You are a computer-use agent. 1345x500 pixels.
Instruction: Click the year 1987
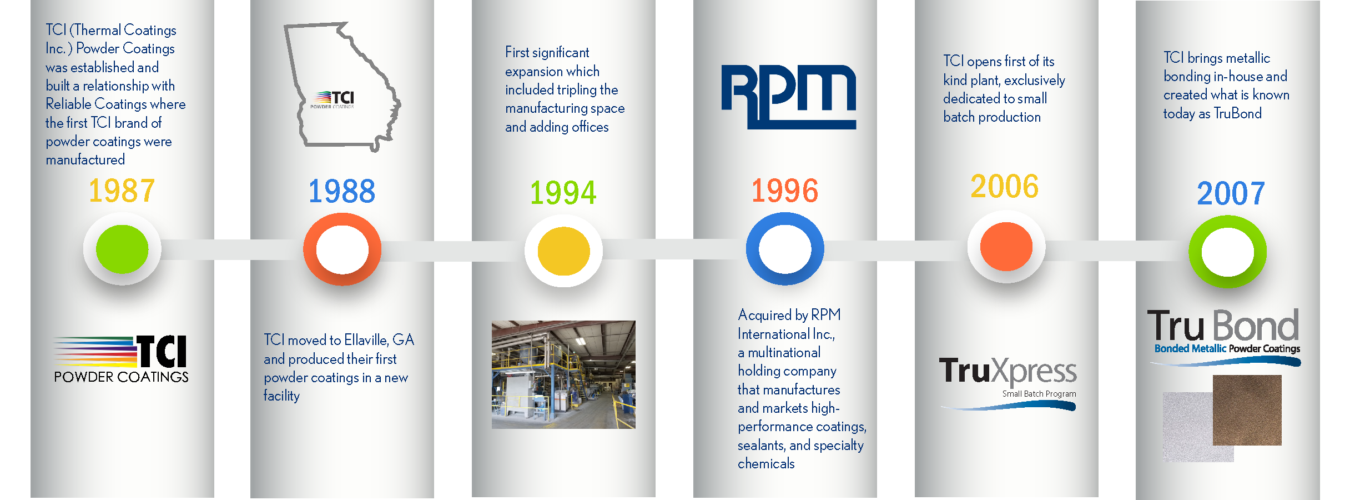tap(122, 191)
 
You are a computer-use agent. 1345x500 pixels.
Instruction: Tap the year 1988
tap(342, 191)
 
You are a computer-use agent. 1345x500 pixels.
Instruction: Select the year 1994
tap(563, 193)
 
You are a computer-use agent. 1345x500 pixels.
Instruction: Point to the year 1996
tap(785, 191)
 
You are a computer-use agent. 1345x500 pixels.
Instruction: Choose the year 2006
tap(1005, 186)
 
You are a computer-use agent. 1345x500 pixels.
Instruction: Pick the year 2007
tap(1231, 193)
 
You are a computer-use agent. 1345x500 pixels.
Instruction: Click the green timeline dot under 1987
tap(122, 249)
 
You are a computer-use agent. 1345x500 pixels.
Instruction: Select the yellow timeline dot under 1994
tap(563, 251)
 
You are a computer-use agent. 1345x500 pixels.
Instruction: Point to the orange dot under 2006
tap(1006, 247)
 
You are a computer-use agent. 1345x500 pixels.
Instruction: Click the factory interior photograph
tap(563, 374)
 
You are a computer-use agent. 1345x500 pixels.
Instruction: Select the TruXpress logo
tap(1008, 382)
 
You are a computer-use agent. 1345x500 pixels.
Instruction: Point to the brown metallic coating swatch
tap(1247, 410)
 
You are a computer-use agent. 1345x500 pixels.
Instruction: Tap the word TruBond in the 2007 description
tap(1238, 114)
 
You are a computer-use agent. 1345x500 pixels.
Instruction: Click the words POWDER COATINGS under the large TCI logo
tap(121, 377)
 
